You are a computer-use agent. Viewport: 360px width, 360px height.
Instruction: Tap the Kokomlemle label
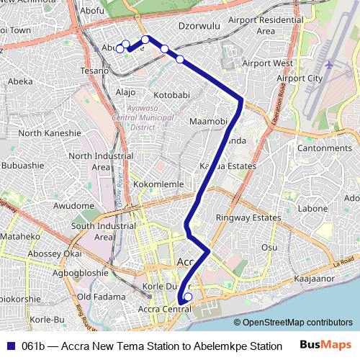(159, 184)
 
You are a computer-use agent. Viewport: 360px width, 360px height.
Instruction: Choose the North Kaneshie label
(50, 133)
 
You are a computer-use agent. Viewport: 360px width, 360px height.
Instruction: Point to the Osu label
(269, 247)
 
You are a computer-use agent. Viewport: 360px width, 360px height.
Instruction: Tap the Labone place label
(312, 209)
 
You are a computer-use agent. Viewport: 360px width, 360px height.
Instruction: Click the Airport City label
(300, 78)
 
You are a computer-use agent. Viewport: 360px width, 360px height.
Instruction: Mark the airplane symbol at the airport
(329, 65)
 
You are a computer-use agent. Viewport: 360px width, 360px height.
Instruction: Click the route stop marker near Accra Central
(188, 297)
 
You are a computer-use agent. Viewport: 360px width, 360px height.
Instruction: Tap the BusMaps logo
(325, 345)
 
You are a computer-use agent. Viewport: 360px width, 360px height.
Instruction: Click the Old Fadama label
(96, 297)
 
